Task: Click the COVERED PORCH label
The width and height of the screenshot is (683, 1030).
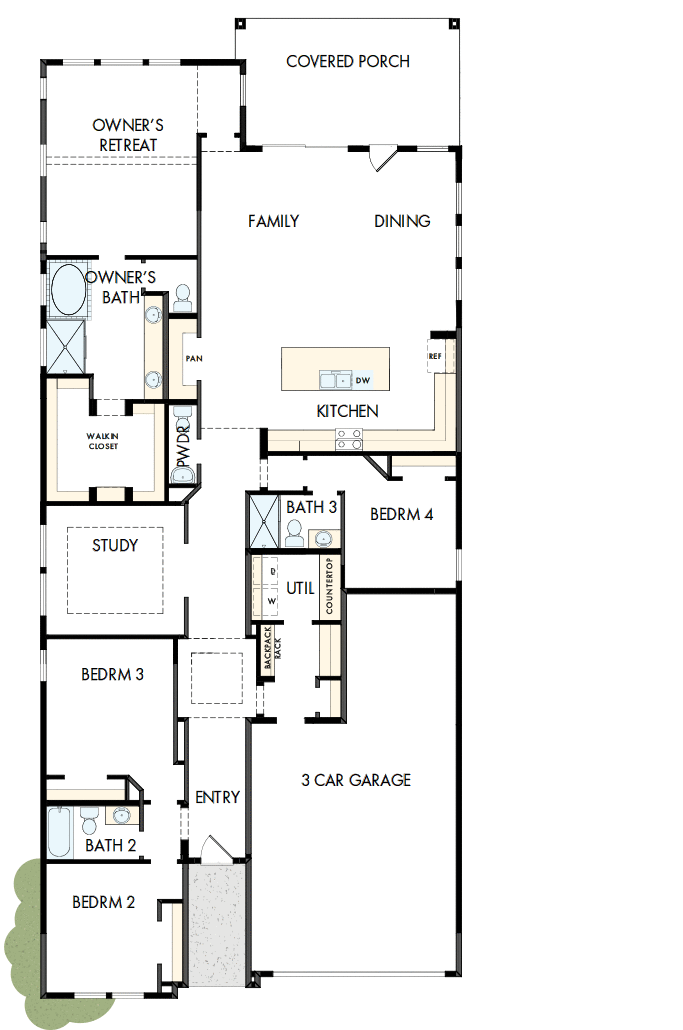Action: pos(347,62)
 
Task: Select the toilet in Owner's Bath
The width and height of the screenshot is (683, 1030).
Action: pos(182,296)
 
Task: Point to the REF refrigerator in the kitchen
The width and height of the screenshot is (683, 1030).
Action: pos(436,356)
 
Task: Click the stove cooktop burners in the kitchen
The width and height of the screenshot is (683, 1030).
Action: pos(349,438)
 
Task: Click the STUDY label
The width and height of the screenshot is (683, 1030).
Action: pos(115,546)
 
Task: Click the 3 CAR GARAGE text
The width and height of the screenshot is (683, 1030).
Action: pos(355,780)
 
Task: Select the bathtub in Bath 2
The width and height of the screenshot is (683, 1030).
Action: pos(58,832)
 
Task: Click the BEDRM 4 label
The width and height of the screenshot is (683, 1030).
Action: pos(401,516)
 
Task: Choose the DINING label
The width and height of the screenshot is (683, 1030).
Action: pos(402,221)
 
